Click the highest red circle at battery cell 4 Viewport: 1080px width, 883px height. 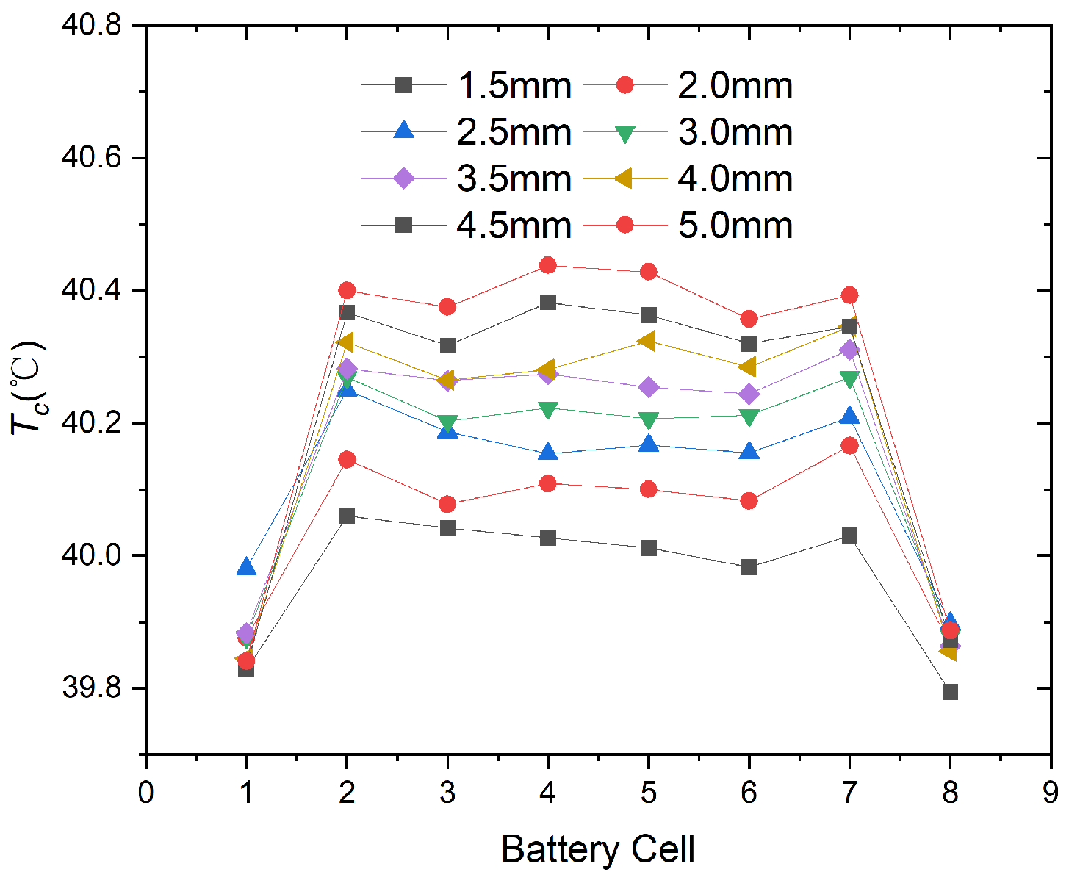coord(547,265)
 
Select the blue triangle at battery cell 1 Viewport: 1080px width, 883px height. coord(247,566)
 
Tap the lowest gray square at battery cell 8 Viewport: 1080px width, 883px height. coord(950,692)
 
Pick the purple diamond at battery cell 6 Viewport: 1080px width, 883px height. coord(749,394)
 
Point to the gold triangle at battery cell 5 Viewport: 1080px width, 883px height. coord(647,341)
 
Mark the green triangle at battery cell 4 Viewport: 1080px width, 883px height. coord(547,409)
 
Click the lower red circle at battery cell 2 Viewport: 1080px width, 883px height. coord(347,460)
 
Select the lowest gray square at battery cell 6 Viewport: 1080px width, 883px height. coord(749,567)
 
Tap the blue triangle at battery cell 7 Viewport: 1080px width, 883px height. coord(849,417)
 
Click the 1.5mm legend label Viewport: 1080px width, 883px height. coord(514,86)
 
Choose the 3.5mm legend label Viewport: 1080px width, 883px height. coord(514,179)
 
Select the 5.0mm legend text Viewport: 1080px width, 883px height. coord(735,226)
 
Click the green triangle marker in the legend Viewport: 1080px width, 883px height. coord(624,133)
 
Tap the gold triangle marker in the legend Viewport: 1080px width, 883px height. coord(624,179)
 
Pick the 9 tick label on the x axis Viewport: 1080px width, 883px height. coord(1051,793)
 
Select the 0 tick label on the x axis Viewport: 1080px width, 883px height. coord(146,793)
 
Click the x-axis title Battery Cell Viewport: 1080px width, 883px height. coord(597,850)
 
